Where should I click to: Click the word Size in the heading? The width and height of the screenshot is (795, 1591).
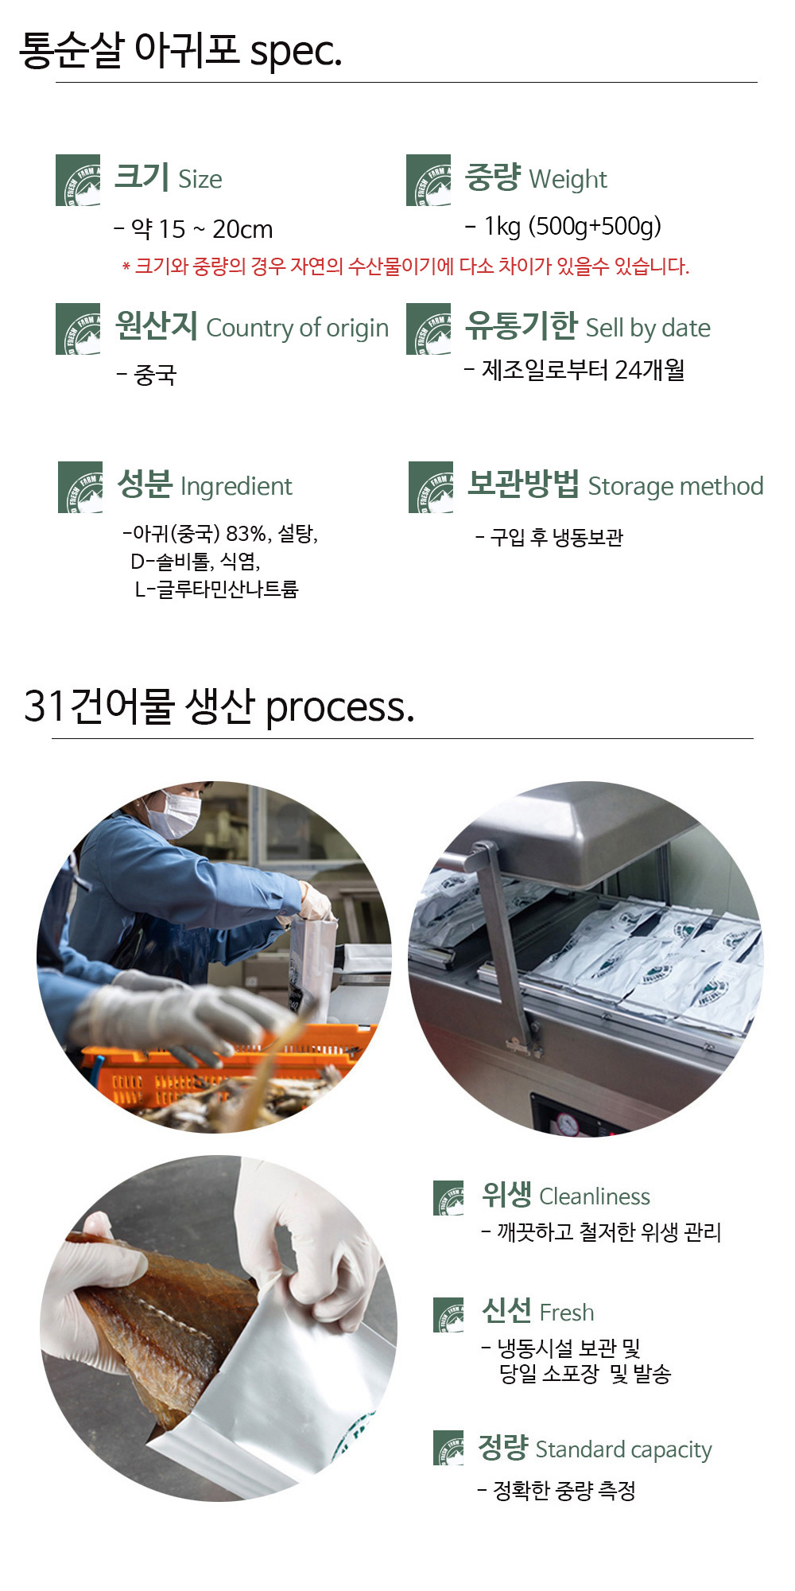pyautogui.click(x=200, y=180)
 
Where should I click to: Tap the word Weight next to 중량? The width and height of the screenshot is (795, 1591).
pyautogui.click(x=568, y=180)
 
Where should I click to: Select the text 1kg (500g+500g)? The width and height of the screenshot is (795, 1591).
pyautogui.click(x=572, y=227)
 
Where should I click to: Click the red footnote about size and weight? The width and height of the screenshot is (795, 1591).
pyautogui.click(x=406, y=266)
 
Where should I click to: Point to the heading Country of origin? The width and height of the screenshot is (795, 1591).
pyautogui.click(x=297, y=328)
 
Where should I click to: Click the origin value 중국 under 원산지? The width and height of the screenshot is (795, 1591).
pyautogui.click(x=155, y=374)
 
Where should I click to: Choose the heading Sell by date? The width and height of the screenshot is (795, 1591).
pyautogui.click(x=648, y=328)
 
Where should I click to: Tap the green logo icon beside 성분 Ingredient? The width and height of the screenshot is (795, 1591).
pyautogui.click(x=80, y=487)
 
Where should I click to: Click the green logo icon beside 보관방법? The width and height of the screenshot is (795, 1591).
pyautogui.click(x=431, y=487)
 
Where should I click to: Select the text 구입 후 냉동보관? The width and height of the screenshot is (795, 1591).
pyautogui.click(x=556, y=538)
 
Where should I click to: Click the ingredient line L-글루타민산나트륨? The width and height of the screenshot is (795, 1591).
pyautogui.click(x=216, y=589)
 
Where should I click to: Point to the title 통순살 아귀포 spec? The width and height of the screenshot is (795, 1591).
pyautogui.click(x=180, y=50)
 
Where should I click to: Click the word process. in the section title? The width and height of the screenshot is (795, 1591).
pyautogui.click(x=339, y=707)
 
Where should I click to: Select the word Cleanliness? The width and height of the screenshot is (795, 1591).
pyautogui.click(x=595, y=1196)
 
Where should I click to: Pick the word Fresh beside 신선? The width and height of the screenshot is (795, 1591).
pyautogui.click(x=567, y=1313)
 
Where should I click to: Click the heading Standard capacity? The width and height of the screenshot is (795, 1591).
pyautogui.click(x=623, y=1450)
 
